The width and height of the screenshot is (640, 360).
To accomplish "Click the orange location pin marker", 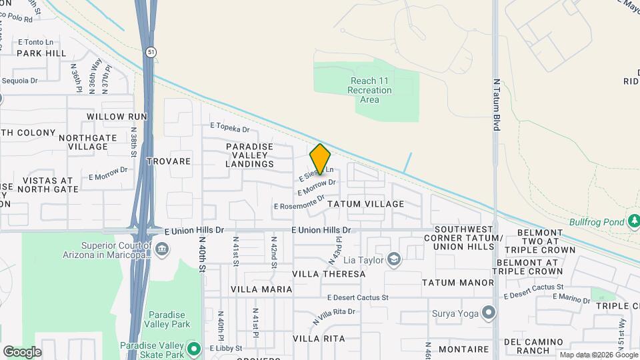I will point(320,159).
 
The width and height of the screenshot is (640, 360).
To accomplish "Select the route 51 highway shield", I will point(151,52).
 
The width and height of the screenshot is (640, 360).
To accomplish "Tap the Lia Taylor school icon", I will point(395,259).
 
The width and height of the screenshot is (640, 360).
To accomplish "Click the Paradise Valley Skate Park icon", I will point(194,348).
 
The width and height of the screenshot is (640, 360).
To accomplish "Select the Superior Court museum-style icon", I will point(162,249).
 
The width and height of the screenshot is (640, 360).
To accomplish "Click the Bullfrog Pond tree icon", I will point(634,221).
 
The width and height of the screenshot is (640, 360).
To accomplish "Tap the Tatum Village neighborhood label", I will point(366,204).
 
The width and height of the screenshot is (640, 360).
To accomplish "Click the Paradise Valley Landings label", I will point(250,155).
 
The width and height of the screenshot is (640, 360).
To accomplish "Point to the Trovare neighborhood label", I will point(169,161).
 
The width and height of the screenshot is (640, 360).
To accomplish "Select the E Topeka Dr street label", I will point(229,127).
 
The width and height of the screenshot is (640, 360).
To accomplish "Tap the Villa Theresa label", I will point(329,274).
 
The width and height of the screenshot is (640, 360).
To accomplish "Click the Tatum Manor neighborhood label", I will point(457,283).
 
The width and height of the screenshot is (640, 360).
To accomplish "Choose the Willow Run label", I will point(115,117).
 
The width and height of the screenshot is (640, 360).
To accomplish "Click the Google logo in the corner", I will point(22,351).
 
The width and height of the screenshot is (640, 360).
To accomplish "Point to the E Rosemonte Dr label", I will point(299,202).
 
